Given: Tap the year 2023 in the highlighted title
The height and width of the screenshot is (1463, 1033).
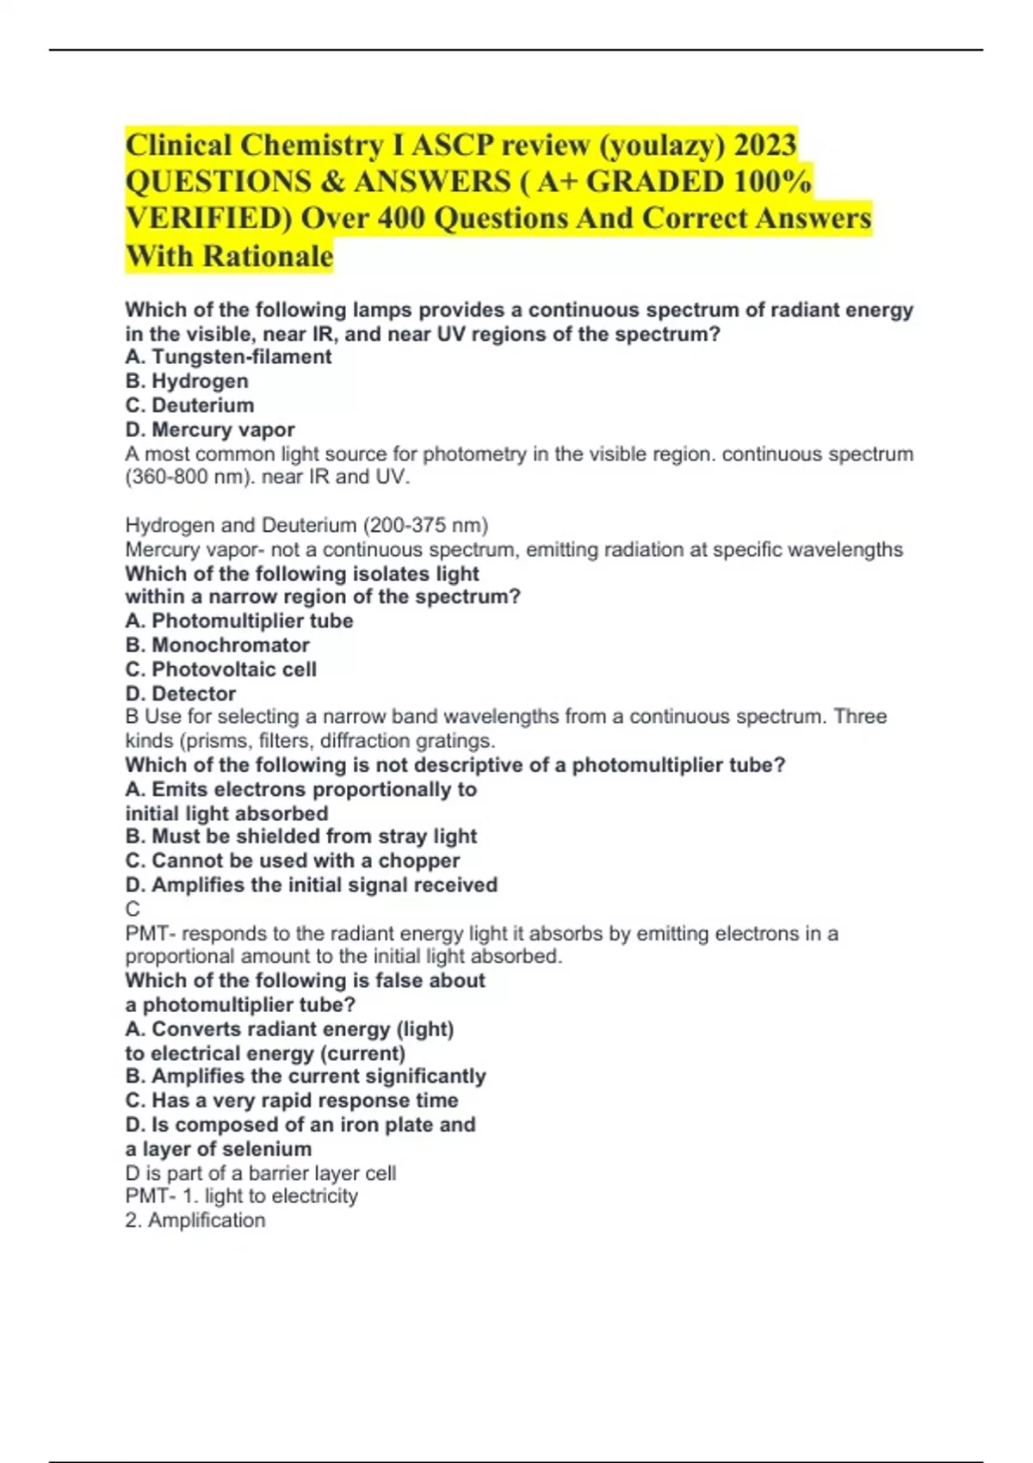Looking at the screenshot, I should [765, 145].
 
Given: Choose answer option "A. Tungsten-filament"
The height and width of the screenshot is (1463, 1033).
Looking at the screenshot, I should [228, 357].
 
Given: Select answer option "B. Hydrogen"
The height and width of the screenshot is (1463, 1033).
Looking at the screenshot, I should [187, 381].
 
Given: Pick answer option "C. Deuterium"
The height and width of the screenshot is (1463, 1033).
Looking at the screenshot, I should [189, 405].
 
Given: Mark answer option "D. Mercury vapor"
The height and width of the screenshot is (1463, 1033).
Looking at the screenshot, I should [210, 429].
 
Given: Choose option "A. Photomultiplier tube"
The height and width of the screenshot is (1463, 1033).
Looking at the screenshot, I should [239, 620].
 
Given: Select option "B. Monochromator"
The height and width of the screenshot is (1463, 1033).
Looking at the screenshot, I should [217, 645].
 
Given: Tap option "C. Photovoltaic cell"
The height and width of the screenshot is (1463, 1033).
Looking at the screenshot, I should [221, 669].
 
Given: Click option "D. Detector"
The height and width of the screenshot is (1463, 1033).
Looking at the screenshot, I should [181, 693].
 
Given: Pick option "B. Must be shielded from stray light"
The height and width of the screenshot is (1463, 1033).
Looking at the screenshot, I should [301, 836].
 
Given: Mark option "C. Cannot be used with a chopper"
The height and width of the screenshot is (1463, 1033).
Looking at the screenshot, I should [293, 860].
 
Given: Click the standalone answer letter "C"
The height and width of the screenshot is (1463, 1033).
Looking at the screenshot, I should [133, 909].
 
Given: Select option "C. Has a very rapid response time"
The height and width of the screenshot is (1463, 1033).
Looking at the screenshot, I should [292, 1100].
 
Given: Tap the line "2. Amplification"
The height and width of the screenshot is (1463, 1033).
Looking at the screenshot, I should [195, 1219].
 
